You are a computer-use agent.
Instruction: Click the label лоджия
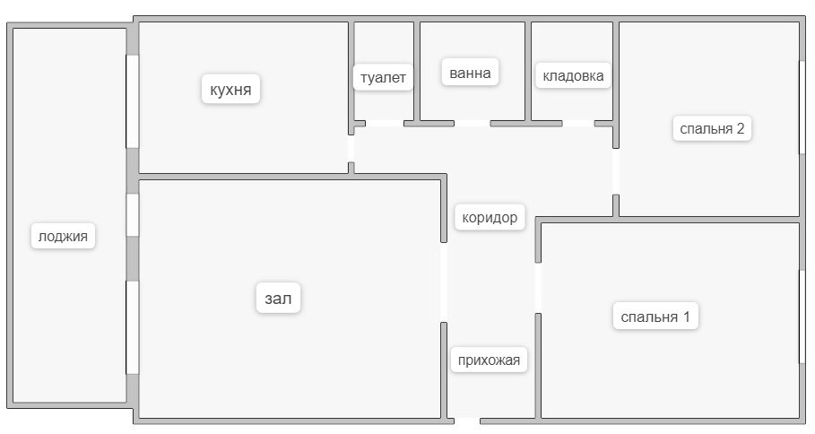click(64, 237)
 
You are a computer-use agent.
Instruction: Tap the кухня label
click(230, 90)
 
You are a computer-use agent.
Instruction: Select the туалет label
click(383, 77)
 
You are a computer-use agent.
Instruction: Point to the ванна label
click(470, 73)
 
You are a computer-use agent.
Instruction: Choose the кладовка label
click(573, 76)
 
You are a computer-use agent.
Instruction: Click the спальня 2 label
click(712, 128)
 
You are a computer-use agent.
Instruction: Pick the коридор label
click(490, 217)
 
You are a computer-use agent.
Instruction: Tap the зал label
click(278, 299)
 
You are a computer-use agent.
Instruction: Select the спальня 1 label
click(655, 317)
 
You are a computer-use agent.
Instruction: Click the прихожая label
click(488, 360)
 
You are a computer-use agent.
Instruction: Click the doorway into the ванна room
click(473, 123)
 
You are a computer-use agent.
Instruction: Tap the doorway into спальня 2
click(616, 171)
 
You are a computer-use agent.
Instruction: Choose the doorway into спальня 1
click(538, 288)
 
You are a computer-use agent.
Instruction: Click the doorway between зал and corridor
click(444, 282)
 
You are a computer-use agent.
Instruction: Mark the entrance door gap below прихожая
click(468, 420)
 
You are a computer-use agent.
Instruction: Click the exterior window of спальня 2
click(800, 108)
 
